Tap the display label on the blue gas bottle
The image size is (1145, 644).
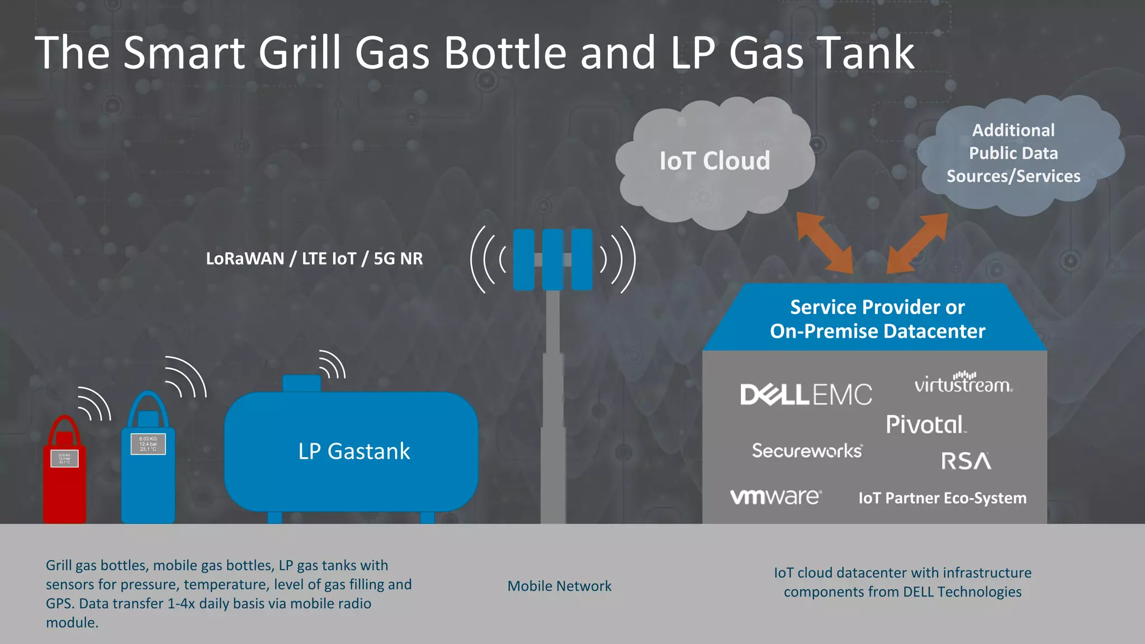click(148, 444)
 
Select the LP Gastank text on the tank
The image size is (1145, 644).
click(354, 451)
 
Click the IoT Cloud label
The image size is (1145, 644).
click(715, 161)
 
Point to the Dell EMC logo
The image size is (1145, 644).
click(806, 394)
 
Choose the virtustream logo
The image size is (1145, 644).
click(963, 383)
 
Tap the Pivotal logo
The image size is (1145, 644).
click(926, 424)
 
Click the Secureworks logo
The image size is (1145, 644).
click(807, 451)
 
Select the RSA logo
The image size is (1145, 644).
click(966, 461)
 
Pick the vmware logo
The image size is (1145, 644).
click(776, 496)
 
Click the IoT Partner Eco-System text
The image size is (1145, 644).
click(942, 498)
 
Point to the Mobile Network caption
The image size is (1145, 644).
click(559, 586)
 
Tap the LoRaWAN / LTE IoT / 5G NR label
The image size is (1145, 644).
click(314, 259)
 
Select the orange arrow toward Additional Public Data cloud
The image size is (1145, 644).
click(917, 243)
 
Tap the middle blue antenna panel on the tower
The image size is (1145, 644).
click(552, 259)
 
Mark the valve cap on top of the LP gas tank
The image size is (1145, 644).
click(301, 383)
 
